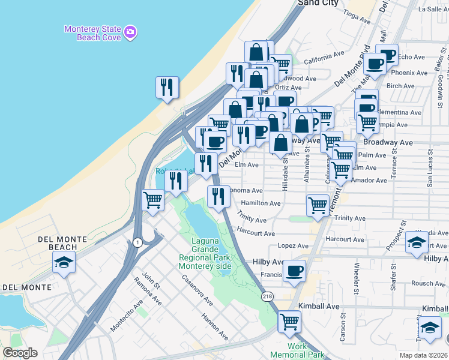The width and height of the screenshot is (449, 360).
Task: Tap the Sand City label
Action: tap(318, 3)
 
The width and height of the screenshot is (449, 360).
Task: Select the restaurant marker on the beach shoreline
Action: tap(167, 87)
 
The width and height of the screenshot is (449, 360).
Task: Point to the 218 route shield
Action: tap(267, 296)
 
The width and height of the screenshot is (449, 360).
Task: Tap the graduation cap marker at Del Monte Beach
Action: tap(64, 262)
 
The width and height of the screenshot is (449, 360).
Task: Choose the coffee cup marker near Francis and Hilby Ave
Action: tap(294, 271)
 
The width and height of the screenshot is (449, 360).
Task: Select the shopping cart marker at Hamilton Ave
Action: tap(318, 205)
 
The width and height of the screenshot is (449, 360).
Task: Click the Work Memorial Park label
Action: tap(297, 350)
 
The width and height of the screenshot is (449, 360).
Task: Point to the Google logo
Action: tap(20, 353)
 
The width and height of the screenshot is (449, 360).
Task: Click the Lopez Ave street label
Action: tap(293, 246)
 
